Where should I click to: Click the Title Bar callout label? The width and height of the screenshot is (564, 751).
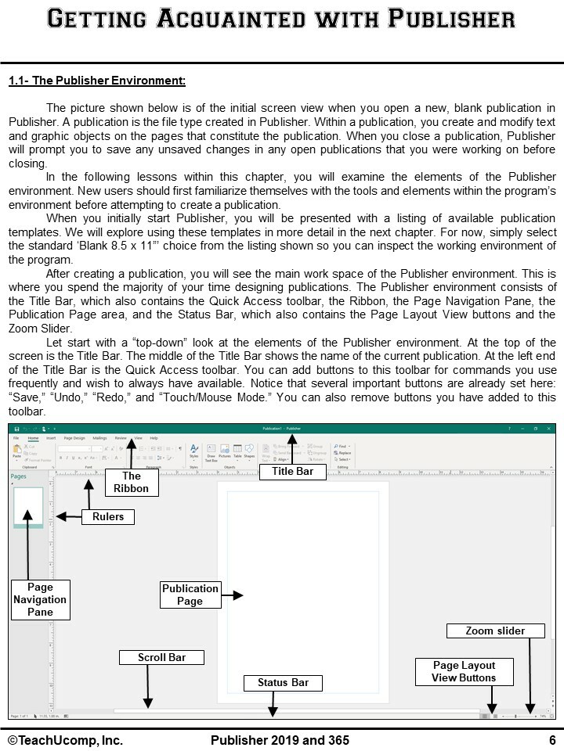[x=292, y=471]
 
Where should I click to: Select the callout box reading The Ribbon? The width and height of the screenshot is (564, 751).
[x=131, y=482]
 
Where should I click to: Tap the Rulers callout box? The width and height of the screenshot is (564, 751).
[x=107, y=516]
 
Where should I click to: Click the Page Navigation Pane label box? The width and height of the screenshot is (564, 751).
[x=40, y=600]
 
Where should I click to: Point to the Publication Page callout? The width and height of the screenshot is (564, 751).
[x=190, y=595]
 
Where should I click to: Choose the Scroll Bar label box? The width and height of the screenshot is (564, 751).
[x=161, y=657]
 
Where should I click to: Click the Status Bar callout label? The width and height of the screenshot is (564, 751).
[x=283, y=683]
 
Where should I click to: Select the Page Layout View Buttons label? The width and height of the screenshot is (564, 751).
[x=464, y=672]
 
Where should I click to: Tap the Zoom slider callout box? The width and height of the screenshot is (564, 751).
[x=495, y=631]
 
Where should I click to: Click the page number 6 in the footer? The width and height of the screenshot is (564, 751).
[x=551, y=740]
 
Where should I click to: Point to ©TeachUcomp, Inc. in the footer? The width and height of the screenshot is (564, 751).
[x=65, y=740]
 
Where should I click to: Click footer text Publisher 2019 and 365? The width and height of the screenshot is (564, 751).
[x=280, y=740]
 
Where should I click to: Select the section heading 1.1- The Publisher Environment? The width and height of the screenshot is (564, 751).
[x=97, y=81]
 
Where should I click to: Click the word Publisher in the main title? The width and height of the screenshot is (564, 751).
[x=452, y=19]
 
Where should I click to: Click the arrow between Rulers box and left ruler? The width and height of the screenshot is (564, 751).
[x=69, y=516]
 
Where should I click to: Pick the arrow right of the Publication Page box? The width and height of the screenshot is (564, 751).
[x=233, y=595]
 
